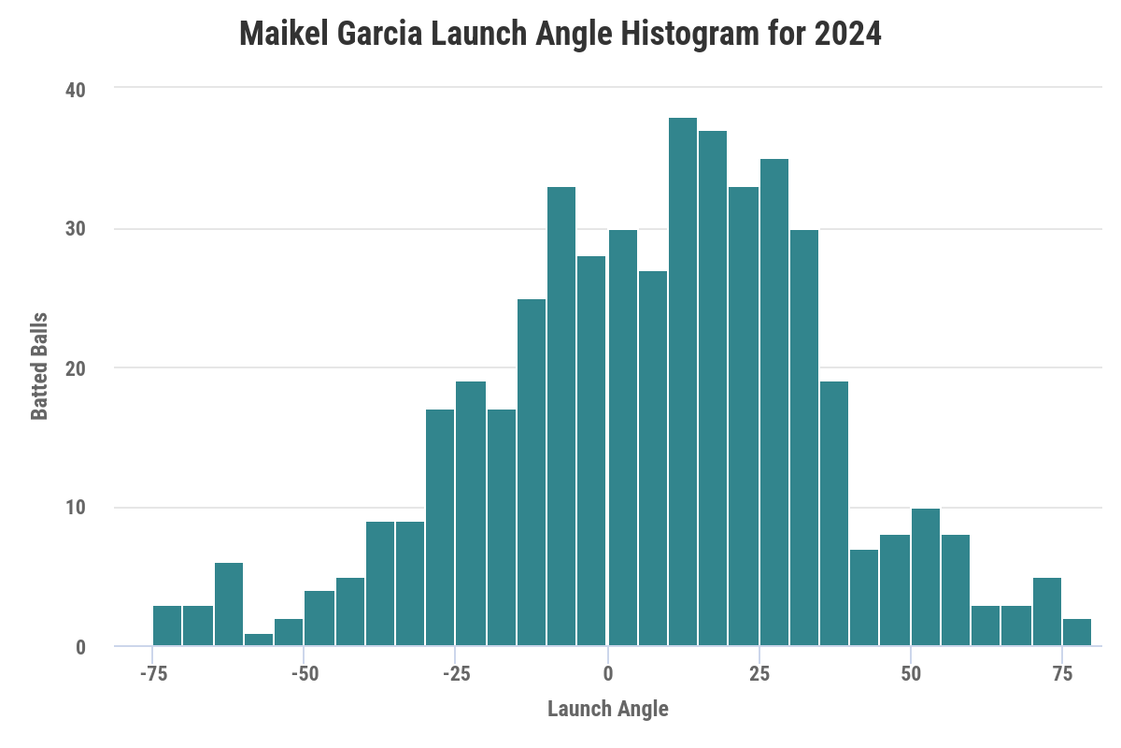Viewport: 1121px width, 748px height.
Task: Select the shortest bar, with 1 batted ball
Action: click(259, 640)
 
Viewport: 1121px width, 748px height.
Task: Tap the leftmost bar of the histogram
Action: click(167, 626)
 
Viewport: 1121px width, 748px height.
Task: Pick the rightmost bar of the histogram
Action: click(1077, 632)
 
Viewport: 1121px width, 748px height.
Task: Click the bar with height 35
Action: click(773, 402)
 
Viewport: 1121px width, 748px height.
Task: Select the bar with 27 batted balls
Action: click(652, 458)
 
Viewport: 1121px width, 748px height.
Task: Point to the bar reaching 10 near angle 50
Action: click(925, 577)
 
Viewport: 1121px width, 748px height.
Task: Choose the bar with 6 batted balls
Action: click(228, 604)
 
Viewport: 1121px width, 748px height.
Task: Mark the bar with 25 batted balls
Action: click(531, 472)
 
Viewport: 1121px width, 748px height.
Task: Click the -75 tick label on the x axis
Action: click(151, 673)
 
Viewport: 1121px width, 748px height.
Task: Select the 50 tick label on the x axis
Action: click(911, 673)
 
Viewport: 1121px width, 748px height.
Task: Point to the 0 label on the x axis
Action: click(607, 673)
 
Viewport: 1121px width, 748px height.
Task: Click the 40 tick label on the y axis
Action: click(75, 90)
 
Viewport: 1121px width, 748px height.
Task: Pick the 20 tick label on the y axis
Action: click(75, 368)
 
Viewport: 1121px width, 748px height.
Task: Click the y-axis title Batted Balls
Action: click(40, 367)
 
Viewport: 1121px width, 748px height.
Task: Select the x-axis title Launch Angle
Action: click(607, 709)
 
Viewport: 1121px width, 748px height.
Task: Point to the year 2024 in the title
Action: click(847, 35)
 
